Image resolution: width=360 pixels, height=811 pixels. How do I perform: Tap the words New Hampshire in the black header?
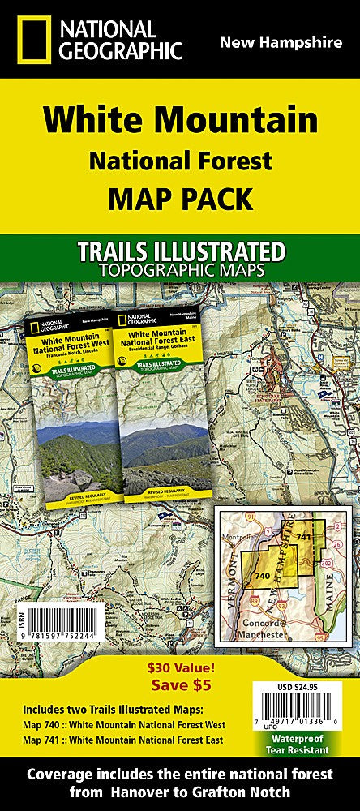[281, 43]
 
